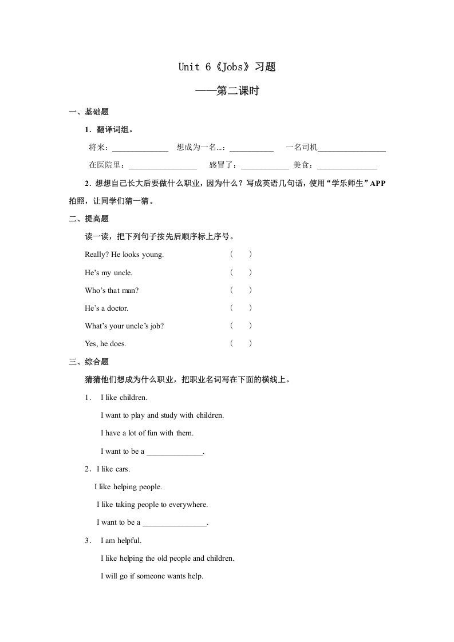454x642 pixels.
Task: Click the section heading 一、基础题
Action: (x=89, y=112)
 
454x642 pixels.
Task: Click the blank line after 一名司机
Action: (x=352, y=150)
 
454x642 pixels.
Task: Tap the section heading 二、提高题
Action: (x=89, y=219)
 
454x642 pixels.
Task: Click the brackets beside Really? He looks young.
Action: (x=241, y=255)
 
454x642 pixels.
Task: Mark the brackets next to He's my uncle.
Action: (x=241, y=272)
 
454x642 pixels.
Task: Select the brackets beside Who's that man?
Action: (x=241, y=290)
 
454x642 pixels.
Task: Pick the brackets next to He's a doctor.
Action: (x=241, y=308)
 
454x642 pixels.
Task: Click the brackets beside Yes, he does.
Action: (x=241, y=343)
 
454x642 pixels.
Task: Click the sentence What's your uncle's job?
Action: (x=124, y=326)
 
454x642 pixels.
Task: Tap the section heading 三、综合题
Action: (x=89, y=362)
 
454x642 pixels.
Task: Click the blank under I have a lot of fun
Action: (x=175, y=453)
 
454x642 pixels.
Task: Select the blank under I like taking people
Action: (x=174, y=524)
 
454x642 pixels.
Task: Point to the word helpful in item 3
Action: (x=128, y=541)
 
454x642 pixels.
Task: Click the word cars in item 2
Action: (x=122, y=469)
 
